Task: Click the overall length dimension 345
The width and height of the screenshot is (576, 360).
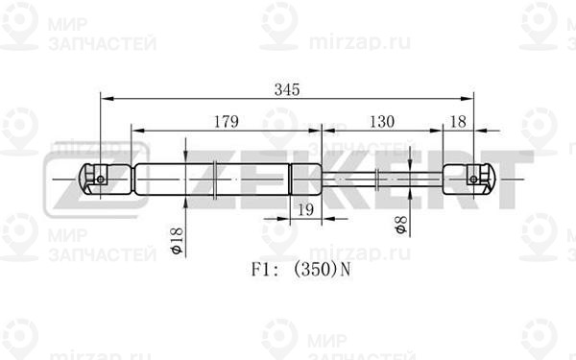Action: point(285,89)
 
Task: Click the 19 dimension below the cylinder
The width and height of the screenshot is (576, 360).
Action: point(306,210)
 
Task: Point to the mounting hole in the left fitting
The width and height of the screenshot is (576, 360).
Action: point(101,179)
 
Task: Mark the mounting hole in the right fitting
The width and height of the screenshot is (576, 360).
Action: point(472,179)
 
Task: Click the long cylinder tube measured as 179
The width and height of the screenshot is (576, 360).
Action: point(211,179)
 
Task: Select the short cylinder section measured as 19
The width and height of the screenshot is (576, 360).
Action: point(306,179)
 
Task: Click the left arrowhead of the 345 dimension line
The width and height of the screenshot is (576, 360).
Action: point(105,98)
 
